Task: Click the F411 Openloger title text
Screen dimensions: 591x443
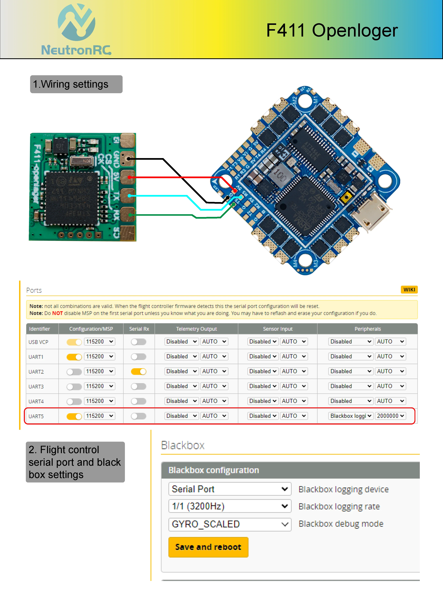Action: [x=332, y=30]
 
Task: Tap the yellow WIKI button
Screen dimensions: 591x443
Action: [x=409, y=290]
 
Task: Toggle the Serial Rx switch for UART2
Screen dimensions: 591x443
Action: [x=139, y=371]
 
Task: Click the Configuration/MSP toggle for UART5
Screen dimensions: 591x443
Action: [x=74, y=416]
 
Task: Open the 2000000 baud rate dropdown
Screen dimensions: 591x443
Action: [x=390, y=416]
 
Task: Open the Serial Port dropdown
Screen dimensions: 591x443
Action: [x=229, y=489]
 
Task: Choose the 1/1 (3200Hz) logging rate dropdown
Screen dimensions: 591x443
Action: [x=229, y=506]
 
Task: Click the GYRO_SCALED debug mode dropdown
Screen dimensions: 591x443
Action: [x=229, y=524]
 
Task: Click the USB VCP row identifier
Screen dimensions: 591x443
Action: [x=39, y=342]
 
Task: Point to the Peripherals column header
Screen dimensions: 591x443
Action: [x=367, y=329]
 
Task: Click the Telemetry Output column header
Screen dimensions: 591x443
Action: [x=196, y=329]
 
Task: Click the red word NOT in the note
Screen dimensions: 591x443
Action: [x=57, y=313]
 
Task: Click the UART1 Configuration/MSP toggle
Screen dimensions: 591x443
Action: [x=74, y=357]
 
